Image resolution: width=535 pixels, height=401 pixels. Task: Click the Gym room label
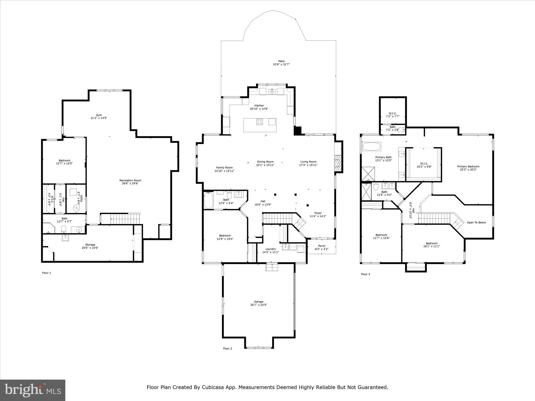[99, 115]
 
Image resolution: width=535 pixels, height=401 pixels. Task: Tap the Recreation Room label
[130, 180]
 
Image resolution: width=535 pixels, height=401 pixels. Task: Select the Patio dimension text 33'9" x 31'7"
[281, 64]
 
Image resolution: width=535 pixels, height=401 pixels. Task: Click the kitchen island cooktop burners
[259, 122]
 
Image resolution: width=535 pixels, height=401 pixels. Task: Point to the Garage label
[259, 302]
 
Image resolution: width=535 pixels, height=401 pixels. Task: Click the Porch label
[322, 246]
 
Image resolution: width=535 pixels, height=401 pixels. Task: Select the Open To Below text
[476, 222]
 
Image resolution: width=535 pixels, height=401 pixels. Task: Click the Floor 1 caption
[47, 273]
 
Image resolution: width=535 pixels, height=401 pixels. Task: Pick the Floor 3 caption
[365, 274]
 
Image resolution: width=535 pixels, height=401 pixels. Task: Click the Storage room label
[90, 245]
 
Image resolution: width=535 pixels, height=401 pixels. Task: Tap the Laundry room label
[270, 249]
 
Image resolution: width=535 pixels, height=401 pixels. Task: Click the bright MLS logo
[33, 390]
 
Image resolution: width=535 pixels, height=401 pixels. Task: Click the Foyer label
[318, 213]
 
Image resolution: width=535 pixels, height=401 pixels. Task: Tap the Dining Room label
[265, 162]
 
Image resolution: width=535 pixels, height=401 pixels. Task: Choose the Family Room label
[224, 168]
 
